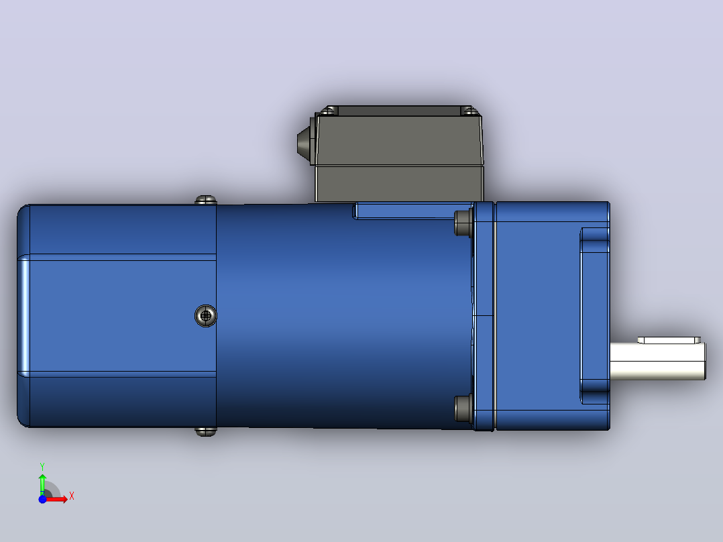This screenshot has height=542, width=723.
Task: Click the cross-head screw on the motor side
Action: click(206, 315)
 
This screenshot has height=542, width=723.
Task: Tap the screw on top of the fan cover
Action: click(206, 200)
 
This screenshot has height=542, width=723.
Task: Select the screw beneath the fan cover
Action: click(206, 432)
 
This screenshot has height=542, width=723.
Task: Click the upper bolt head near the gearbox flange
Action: click(463, 223)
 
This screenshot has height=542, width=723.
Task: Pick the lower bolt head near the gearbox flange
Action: click(463, 409)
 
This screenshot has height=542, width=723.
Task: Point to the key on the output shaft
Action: click(669, 340)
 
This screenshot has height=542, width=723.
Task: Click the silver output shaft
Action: click(657, 361)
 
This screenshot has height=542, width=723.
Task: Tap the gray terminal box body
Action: click(399, 157)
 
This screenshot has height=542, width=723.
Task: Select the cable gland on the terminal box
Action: click(305, 141)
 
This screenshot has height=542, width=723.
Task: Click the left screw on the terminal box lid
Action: click(329, 111)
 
